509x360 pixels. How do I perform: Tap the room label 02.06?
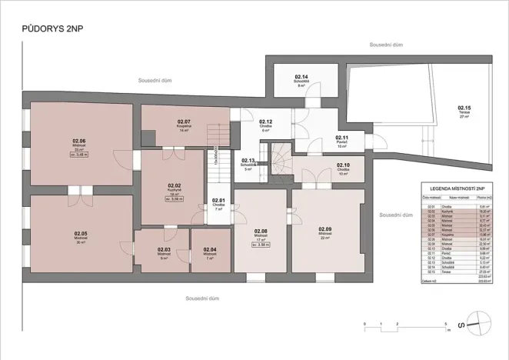click(79, 141)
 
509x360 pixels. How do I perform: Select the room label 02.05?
click(81, 233)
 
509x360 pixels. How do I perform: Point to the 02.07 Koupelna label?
click(184, 122)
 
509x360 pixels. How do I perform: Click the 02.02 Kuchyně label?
click(174, 185)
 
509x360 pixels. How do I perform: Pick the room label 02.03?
click(163, 250)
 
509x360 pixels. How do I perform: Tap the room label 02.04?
click(210, 250)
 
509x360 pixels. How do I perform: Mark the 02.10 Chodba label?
click(343, 165)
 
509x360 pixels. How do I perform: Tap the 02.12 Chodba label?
click(266, 122)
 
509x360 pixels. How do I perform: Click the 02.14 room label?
click(301, 77)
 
